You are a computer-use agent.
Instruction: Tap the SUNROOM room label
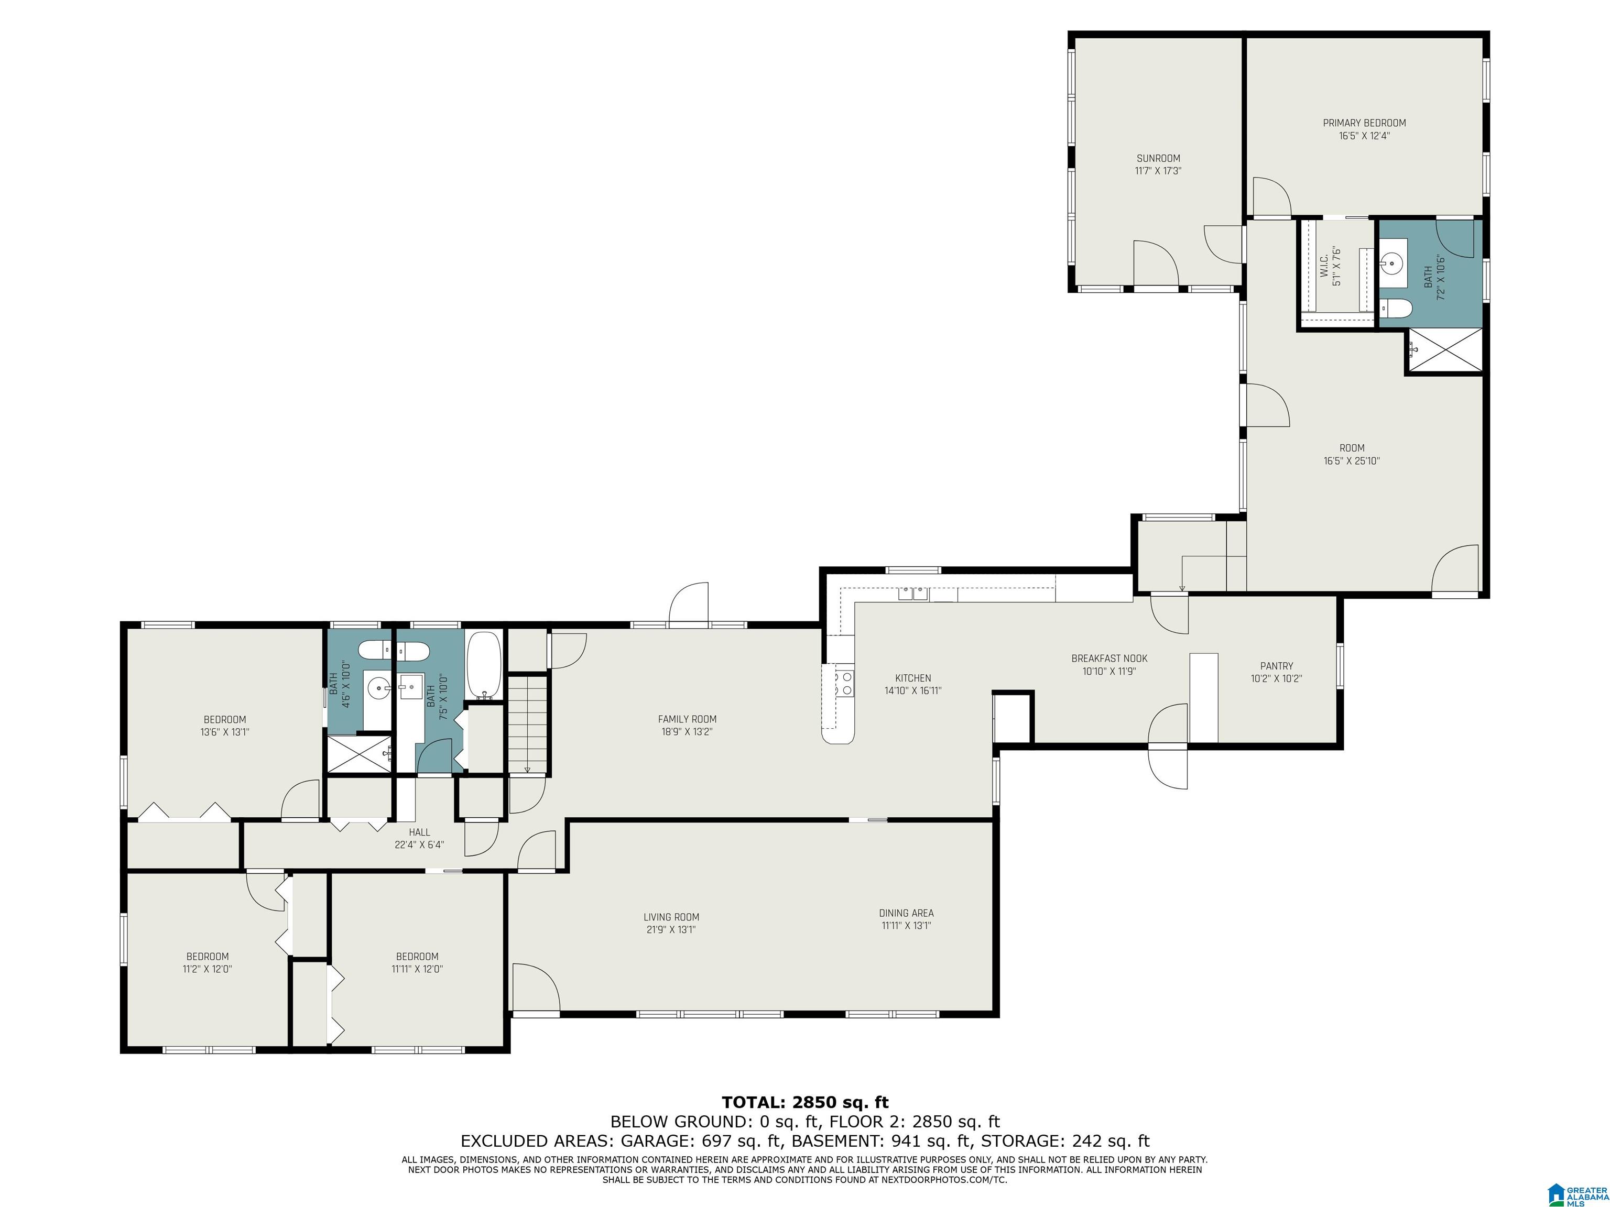point(1158,158)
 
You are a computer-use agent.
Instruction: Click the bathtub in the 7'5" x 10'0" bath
point(483,664)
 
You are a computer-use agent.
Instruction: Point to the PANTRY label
point(1277,666)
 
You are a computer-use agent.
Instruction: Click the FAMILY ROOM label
point(687,719)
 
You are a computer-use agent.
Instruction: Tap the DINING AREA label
point(906,913)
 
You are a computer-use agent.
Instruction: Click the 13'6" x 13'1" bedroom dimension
point(225,732)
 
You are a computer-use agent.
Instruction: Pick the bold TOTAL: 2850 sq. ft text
point(805,1102)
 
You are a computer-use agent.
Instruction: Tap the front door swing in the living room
point(536,987)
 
